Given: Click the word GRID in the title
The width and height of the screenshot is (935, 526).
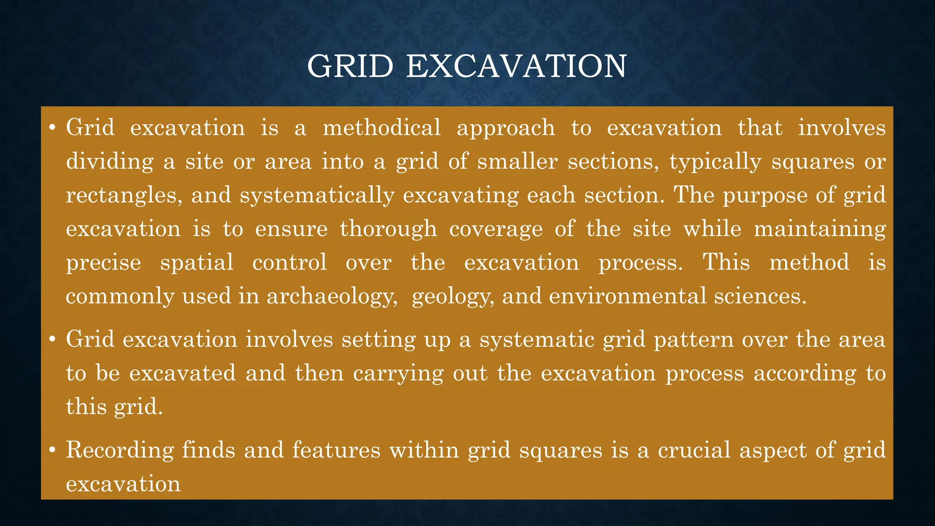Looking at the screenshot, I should [350, 67].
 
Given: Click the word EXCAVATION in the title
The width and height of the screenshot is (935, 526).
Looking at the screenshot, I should [516, 67].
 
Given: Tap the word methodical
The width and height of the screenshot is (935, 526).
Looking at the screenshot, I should [382, 127].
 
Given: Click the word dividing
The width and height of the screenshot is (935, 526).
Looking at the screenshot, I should [110, 162].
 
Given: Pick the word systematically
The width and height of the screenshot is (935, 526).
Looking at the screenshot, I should [317, 196].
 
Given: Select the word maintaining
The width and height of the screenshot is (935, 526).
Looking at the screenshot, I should [819, 229].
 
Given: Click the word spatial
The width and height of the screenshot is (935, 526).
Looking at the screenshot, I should [197, 263].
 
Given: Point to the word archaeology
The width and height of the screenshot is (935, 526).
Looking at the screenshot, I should [331, 297].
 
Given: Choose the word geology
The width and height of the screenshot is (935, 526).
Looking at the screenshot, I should [452, 297].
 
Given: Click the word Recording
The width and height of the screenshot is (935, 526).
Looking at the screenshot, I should [120, 450].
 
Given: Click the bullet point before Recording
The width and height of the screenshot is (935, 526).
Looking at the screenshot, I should [52, 451].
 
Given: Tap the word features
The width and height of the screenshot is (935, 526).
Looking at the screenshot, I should [336, 450].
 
